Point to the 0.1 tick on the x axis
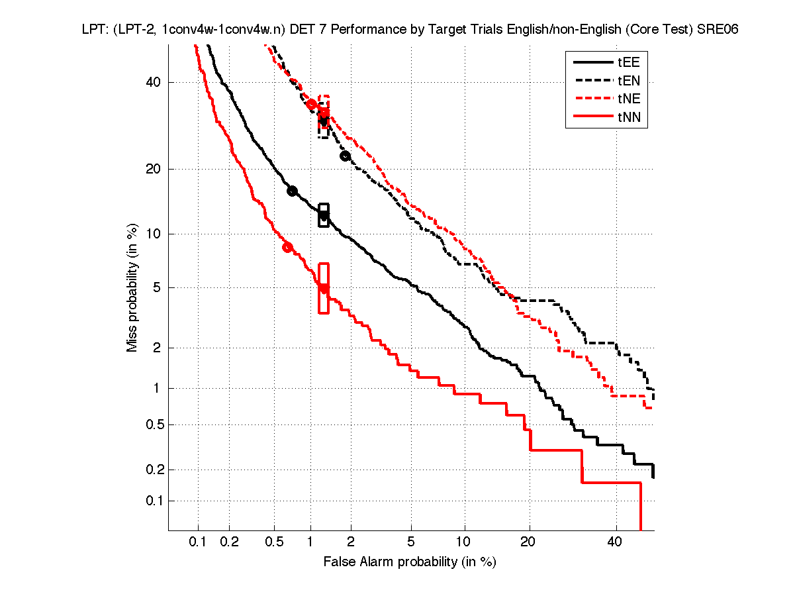coord(198,542)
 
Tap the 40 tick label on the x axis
coord(616,542)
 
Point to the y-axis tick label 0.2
coord(153,470)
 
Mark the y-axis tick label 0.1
coord(153,501)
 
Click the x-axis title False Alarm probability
coord(409,562)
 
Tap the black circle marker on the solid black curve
coord(292,191)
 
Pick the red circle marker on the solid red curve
coord(287,247)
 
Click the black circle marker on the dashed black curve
coord(345,156)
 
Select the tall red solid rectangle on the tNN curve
coord(324,288)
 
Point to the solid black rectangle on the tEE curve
coord(324,215)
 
